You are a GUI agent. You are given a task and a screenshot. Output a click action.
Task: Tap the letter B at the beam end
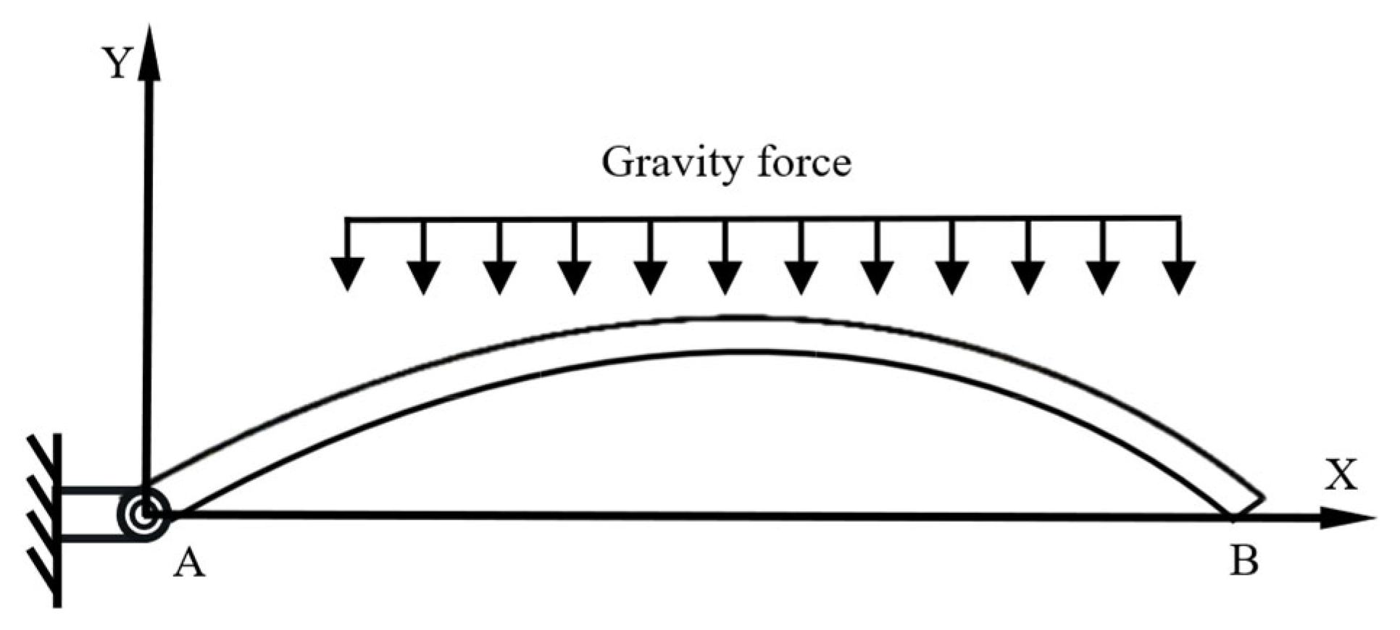pyautogui.click(x=1243, y=560)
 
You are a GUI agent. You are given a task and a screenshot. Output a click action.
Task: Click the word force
pyautogui.click(x=804, y=162)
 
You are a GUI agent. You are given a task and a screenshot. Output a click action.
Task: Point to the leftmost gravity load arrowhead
pyautogui.click(x=348, y=274)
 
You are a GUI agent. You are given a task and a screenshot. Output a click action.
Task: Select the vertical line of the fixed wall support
pyautogui.click(x=57, y=520)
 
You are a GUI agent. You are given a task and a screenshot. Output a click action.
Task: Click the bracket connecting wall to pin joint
pyautogui.click(x=91, y=514)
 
